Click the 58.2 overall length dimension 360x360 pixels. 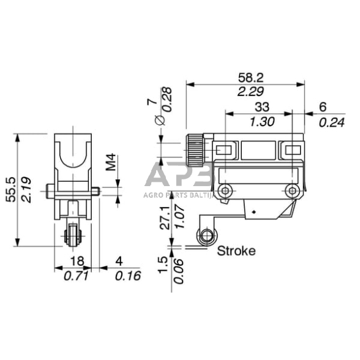click(252, 78)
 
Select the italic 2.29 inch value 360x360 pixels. click(252, 92)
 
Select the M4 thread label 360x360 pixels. click(110, 164)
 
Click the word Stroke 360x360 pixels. click(236, 250)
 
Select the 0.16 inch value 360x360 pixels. click(127, 276)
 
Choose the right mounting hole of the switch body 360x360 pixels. click(293, 190)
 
